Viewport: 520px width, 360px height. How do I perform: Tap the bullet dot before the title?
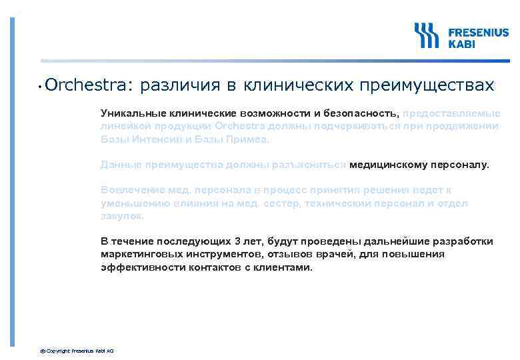41,87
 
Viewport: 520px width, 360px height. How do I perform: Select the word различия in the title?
179,85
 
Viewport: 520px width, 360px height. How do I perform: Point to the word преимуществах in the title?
427,85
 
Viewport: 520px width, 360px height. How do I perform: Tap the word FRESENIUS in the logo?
477,31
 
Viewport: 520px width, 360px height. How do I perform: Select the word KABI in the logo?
461,43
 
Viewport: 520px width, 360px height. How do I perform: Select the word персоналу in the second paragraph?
459,164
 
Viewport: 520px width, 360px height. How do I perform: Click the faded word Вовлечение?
129,189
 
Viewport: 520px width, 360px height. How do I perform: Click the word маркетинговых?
142,254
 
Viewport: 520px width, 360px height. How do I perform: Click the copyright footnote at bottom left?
77,351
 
